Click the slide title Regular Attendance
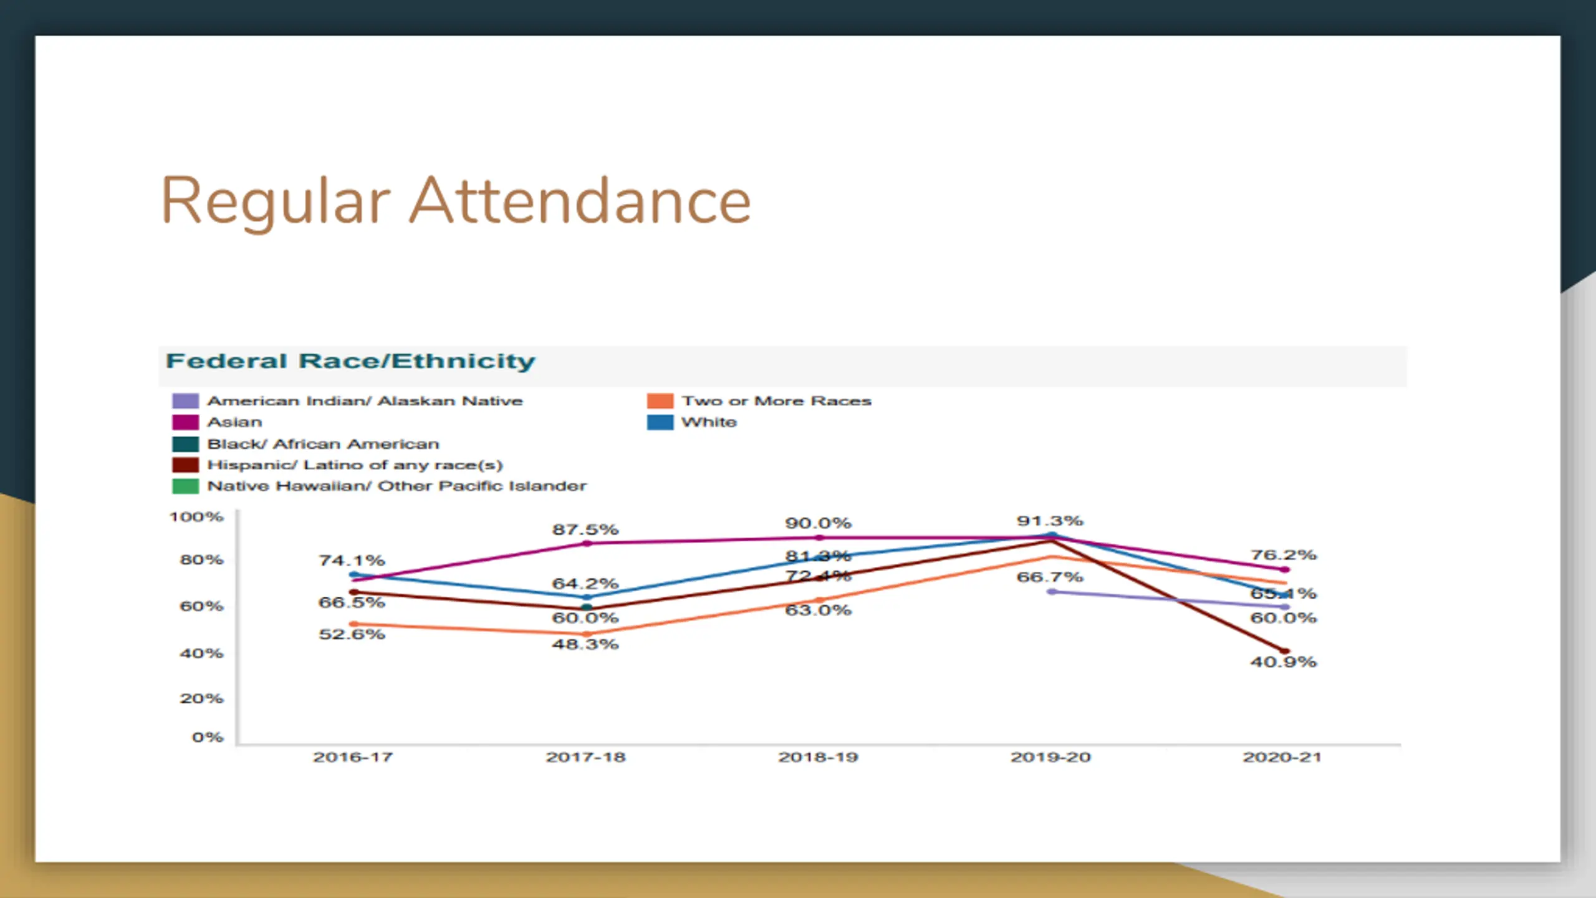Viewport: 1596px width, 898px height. pyautogui.click(x=456, y=201)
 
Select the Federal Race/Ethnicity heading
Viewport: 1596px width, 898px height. pyautogui.click(x=350, y=361)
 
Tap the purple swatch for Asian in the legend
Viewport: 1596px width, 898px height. pyautogui.click(x=185, y=422)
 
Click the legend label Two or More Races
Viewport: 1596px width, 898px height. pyautogui.click(x=776, y=401)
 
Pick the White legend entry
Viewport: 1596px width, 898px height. pyautogui.click(x=709, y=422)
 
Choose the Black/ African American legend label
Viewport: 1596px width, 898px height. pyautogui.click(x=323, y=444)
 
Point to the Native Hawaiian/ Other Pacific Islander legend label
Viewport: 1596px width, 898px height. pyautogui.click(x=397, y=486)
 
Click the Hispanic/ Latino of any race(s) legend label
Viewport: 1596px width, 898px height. pyautogui.click(x=355, y=465)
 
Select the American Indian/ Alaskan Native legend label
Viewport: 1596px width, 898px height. pyautogui.click(x=365, y=401)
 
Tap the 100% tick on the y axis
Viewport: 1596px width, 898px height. pyautogui.click(x=196, y=517)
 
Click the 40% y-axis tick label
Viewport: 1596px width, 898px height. pyautogui.click(x=201, y=653)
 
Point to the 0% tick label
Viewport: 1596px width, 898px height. pyautogui.click(x=208, y=737)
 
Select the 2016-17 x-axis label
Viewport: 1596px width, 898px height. pyautogui.click(x=353, y=757)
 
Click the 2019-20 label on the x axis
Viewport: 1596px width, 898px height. pyautogui.click(x=1050, y=757)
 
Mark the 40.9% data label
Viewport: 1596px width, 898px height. pyautogui.click(x=1283, y=662)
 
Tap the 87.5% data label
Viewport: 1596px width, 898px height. pyautogui.click(x=585, y=529)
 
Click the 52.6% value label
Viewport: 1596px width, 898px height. pyautogui.click(x=352, y=634)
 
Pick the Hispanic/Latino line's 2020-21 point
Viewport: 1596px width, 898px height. pyautogui.click(x=1284, y=651)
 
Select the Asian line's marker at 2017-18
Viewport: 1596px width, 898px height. pyautogui.click(x=587, y=543)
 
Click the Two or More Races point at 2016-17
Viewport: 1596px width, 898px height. pyautogui.click(x=353, y=624)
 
